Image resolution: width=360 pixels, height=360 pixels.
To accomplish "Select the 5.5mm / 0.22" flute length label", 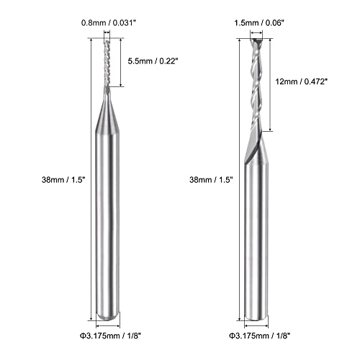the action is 153,61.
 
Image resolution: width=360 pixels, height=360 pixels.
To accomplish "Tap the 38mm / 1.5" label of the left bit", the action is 63,179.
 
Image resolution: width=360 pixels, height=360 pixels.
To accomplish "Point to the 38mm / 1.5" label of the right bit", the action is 211,179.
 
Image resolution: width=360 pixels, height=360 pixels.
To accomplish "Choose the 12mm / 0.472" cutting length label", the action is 302,81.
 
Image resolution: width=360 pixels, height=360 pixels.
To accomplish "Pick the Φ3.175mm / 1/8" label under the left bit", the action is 110,336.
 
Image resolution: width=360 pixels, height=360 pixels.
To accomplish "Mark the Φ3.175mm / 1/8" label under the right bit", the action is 260,336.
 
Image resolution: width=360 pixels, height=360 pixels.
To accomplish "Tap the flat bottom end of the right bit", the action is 256,317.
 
